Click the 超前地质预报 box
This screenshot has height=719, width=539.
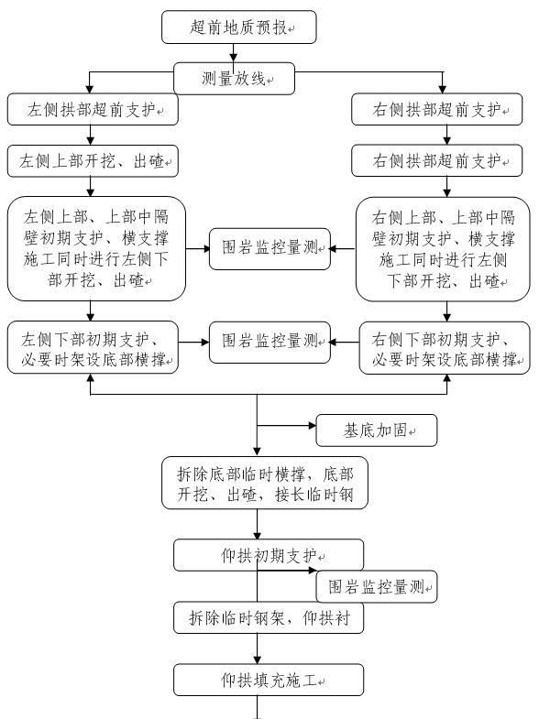coord(239,27)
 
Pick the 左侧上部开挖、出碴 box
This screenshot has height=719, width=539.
coord(92,162)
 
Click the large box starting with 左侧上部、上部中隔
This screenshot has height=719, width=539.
coord(95,247)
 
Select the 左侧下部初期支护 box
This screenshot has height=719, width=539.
coord(93,347)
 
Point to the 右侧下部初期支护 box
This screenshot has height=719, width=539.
coord(444,347)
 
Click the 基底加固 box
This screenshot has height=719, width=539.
coord(376,430)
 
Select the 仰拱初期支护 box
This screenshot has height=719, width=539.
coord(268,555)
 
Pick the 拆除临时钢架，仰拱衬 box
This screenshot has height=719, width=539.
coord(268,617)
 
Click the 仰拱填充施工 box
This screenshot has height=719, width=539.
coord(268,681)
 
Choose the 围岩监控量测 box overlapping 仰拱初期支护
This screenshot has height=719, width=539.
coord(377,585)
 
